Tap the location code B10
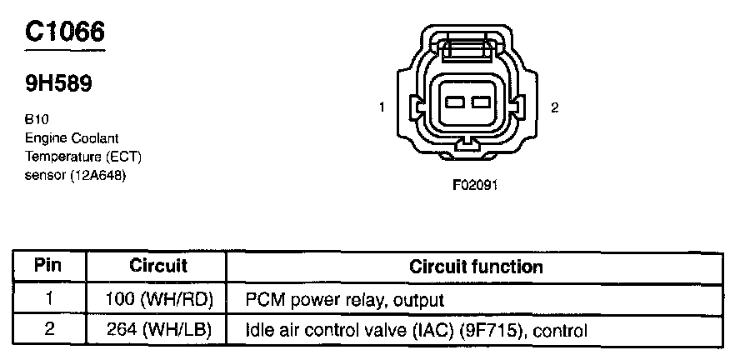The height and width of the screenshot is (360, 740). [36, 119]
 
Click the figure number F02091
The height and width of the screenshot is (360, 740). [475, 185]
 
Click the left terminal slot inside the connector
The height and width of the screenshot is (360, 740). [455, 102]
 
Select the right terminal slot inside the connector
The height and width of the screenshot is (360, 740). [478, 102]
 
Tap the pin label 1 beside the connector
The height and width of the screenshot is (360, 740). [381, 107]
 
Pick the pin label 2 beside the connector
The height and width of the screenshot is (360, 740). [554, 108]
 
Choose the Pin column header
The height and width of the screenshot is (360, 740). [49, 267]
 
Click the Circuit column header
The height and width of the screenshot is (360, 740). [158, 267]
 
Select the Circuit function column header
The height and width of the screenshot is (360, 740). [476, 267]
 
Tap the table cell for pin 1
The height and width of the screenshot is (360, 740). [49, 298]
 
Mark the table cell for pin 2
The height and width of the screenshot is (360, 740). [49, 329]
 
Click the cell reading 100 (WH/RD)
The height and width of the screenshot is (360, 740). [158, 298]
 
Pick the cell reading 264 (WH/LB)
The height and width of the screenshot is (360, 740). [158, 329]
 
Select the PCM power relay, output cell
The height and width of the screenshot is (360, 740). [344, 298]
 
